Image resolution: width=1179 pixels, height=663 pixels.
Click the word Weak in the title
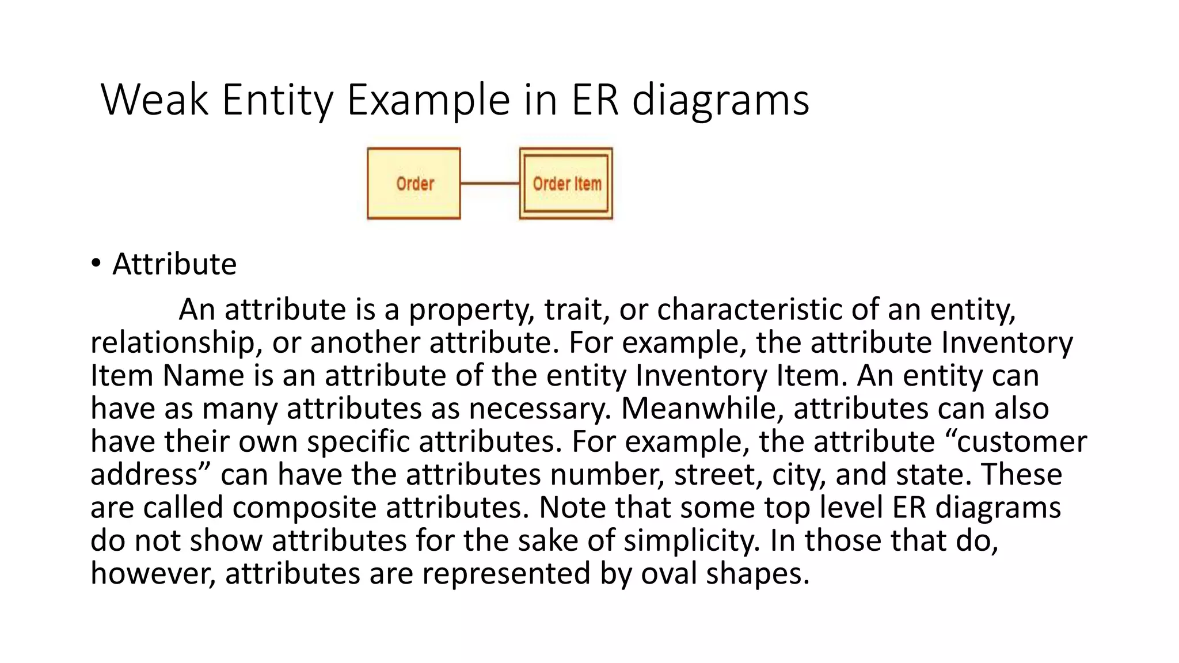click(x=154, y=100)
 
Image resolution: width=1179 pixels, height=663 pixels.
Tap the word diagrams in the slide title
click(x=721, y=100)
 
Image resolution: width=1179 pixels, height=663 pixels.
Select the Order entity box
click(x=414, y=184)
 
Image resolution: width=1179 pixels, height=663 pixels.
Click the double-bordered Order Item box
click(x=566, y=184)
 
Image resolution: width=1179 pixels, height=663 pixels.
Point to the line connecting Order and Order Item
click(x=490, y=184)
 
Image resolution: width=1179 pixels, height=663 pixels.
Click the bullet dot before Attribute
click(x=96, y=264)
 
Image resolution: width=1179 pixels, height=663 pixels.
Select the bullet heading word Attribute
click(x=174, y=264)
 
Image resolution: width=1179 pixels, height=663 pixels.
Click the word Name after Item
click(x=204, y=375)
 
